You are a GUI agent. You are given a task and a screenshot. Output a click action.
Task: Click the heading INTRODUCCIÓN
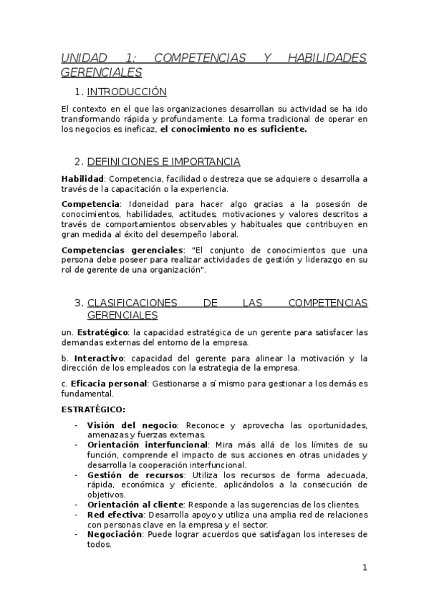(x=127, y=92)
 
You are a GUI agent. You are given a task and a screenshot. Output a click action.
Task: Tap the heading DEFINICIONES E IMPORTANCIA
(x=163, y=161)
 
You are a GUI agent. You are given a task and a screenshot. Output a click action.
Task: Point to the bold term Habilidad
(x=82, y=178)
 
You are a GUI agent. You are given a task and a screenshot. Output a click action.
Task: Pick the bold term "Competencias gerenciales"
(x=122, y=250)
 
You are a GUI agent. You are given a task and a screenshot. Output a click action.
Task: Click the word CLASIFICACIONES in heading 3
(x=135, y=303)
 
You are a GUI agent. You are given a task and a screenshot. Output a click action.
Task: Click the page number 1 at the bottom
(x=365, y=568)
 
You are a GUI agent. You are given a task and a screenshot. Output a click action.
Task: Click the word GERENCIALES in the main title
(x=102, y=72)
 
